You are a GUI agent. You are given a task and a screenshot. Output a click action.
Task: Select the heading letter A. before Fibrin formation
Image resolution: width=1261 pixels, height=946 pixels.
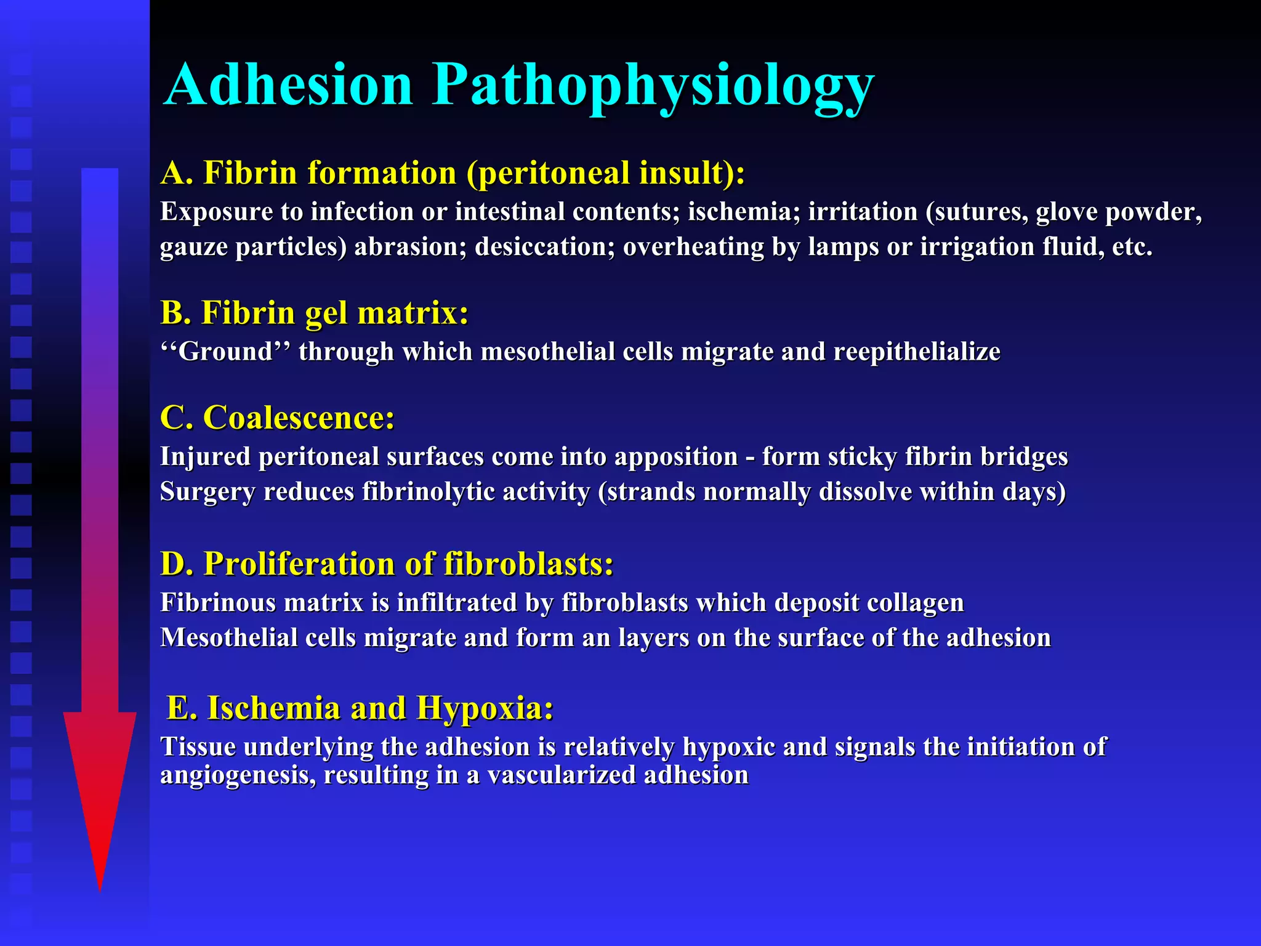pyautogui.click(x=177, y=173)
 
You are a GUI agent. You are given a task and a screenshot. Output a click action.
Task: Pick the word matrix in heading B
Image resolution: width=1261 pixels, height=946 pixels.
pyautogui.click(x=413, y=313)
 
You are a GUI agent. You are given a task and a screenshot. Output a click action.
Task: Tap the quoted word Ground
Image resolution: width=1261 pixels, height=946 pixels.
pyautogui.click(x=225, y=352)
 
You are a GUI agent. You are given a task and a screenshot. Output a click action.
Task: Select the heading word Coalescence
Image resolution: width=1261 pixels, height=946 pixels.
pyautogui.click(x=299, y=418)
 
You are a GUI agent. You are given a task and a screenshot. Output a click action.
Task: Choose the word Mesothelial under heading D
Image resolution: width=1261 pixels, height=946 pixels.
pyautogui.click(x=228, y=638)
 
